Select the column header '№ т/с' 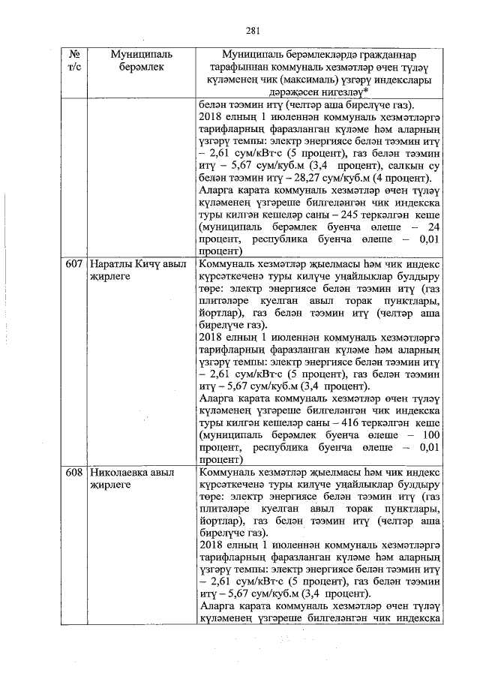tap(74, 62)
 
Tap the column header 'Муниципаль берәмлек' tap(141, 62)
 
